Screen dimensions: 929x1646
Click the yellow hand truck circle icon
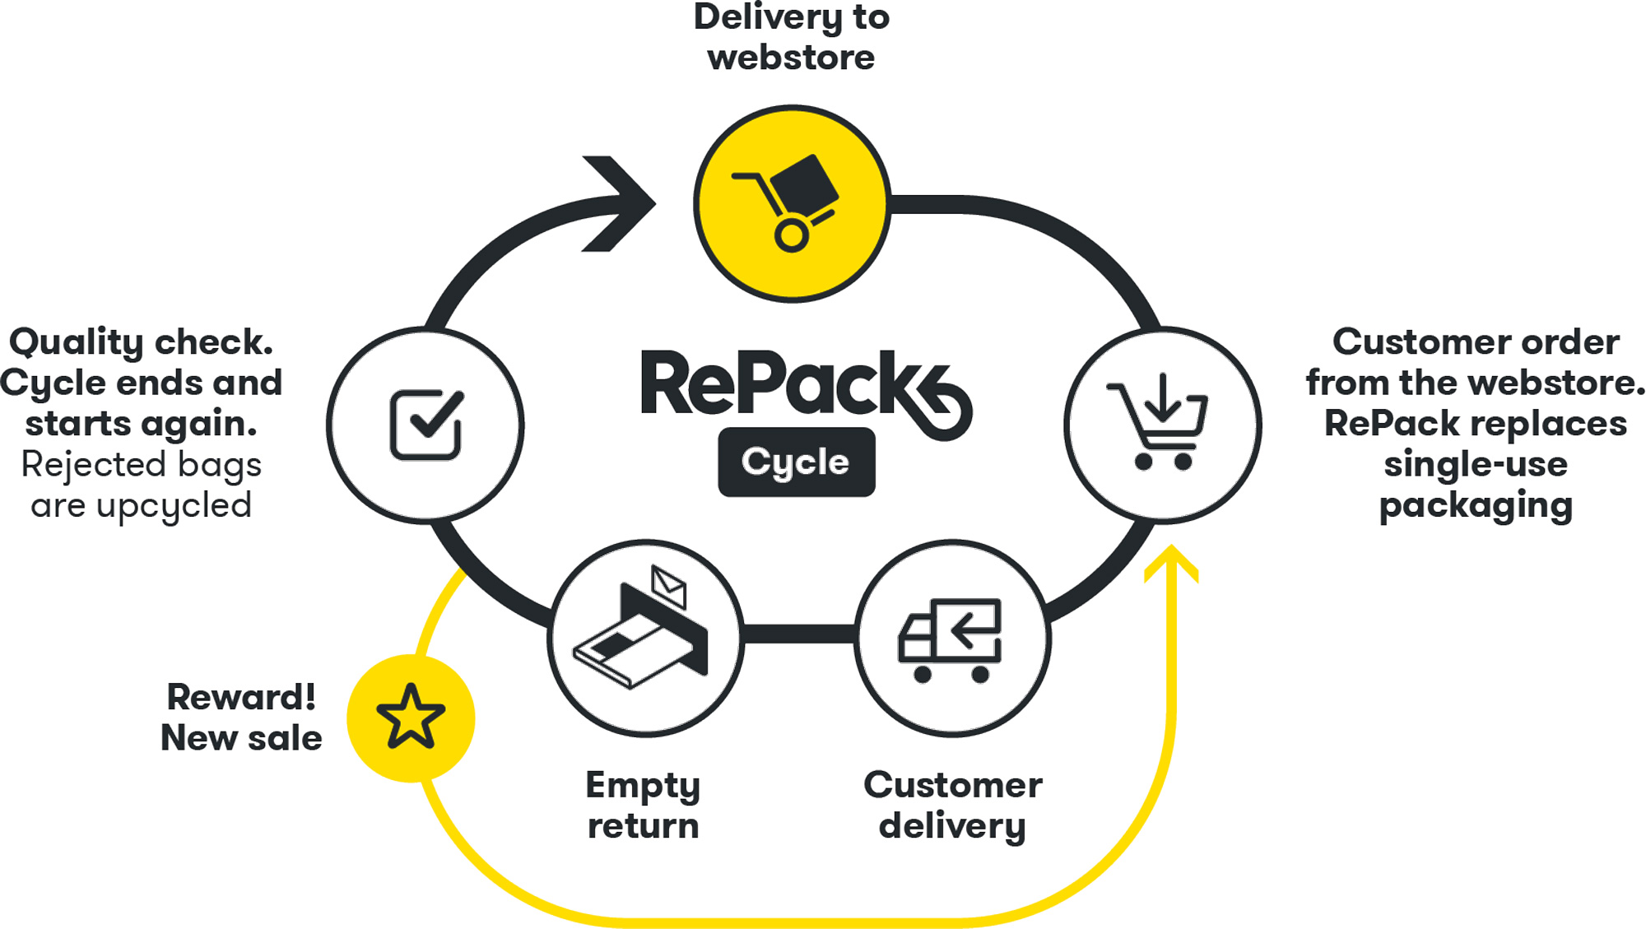point(792,203)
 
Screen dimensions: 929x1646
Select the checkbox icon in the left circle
point(425,424)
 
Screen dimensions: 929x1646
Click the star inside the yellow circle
point(411,718)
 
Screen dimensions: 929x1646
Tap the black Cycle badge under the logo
point(796,462)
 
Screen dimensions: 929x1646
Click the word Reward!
point(240,697)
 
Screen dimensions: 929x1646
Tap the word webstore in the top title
point(791,58)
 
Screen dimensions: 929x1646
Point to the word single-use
point(1475,464)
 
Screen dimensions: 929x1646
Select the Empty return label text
point(643,805)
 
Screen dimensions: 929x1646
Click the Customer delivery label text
point(952,805)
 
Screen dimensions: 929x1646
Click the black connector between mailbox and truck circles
point(799,634)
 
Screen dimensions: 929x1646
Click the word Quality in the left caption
point(76,342)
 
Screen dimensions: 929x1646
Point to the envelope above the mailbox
point(668,585)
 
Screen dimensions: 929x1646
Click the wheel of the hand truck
point(791,236)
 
